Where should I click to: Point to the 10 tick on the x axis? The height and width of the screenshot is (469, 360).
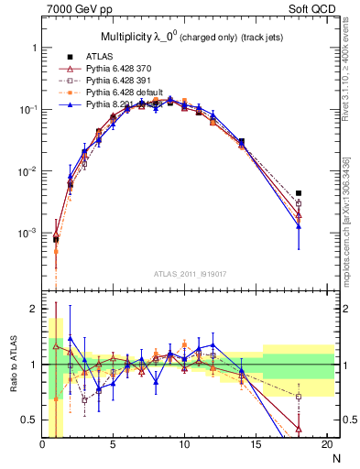click(x=184, y=445)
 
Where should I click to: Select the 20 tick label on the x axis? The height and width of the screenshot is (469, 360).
click(x=325, y=445)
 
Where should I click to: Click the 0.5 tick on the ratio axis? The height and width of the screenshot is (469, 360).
click(x=30, y=420)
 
